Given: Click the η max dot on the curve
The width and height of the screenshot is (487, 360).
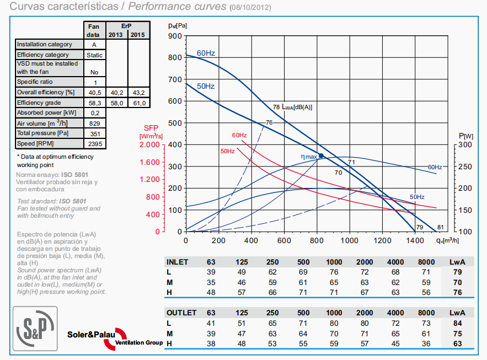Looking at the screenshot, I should (321, 156).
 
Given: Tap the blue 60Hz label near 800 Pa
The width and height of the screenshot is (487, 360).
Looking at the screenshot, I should (206, 53).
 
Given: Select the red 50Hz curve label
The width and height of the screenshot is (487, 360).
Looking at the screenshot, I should (227, 151).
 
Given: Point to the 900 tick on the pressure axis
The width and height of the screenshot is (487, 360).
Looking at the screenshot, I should (175, 36).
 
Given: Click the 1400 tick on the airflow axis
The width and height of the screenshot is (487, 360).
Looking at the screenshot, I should (415, 240).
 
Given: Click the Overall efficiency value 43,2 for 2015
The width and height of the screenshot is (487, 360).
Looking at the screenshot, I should (138, 92).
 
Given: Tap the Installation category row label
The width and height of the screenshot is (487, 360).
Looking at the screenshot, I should (45, 44).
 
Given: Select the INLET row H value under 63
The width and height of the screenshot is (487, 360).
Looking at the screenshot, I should (211, 292).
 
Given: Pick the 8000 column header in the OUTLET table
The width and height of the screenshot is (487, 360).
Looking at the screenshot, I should (426, 313).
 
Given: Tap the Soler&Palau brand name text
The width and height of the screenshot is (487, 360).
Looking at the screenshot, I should (91, 334).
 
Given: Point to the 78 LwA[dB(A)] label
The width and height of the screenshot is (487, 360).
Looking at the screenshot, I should (292, 107).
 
